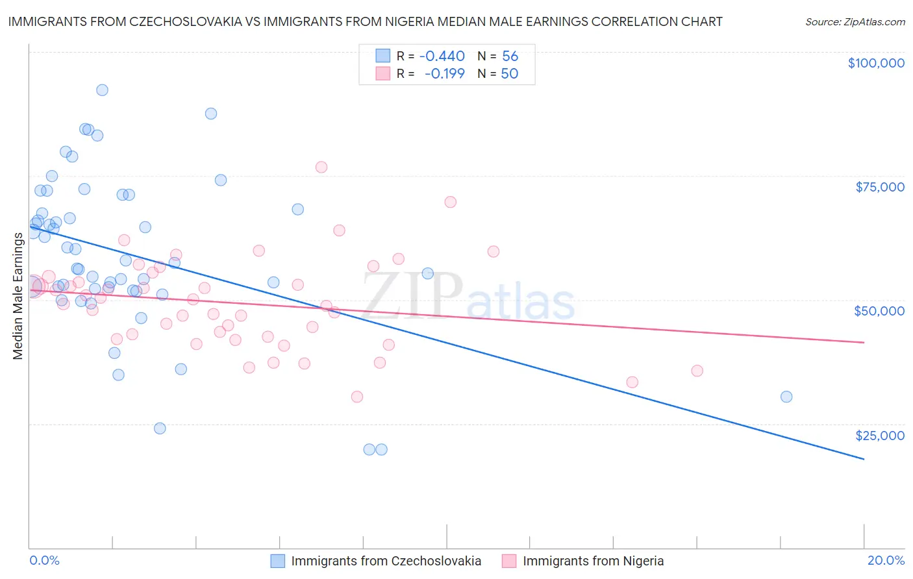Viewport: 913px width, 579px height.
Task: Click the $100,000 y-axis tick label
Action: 876,63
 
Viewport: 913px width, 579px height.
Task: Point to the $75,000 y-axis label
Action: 880,187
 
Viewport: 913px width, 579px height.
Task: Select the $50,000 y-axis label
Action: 879,311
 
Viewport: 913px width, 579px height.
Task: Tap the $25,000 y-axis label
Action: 880,435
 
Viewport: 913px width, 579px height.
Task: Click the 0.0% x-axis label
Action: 44,560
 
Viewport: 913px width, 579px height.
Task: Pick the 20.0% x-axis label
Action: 886,560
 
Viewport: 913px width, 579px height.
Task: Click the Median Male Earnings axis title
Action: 18,295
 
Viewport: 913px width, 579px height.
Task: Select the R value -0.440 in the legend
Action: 442,56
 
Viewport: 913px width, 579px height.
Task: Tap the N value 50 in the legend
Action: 510,74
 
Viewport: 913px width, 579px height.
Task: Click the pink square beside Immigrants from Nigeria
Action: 509,561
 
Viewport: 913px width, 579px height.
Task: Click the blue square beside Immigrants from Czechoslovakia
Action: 277,561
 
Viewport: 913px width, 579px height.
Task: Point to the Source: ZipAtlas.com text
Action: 855,21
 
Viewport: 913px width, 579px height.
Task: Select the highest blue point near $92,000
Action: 102,90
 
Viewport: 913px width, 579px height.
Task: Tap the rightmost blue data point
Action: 786,397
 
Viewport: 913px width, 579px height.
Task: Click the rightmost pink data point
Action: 697,371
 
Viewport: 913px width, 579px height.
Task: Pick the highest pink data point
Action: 321,167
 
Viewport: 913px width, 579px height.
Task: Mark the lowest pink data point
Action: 356,397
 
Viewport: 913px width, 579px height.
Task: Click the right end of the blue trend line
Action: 864,459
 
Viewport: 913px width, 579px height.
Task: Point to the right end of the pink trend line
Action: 864,342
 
